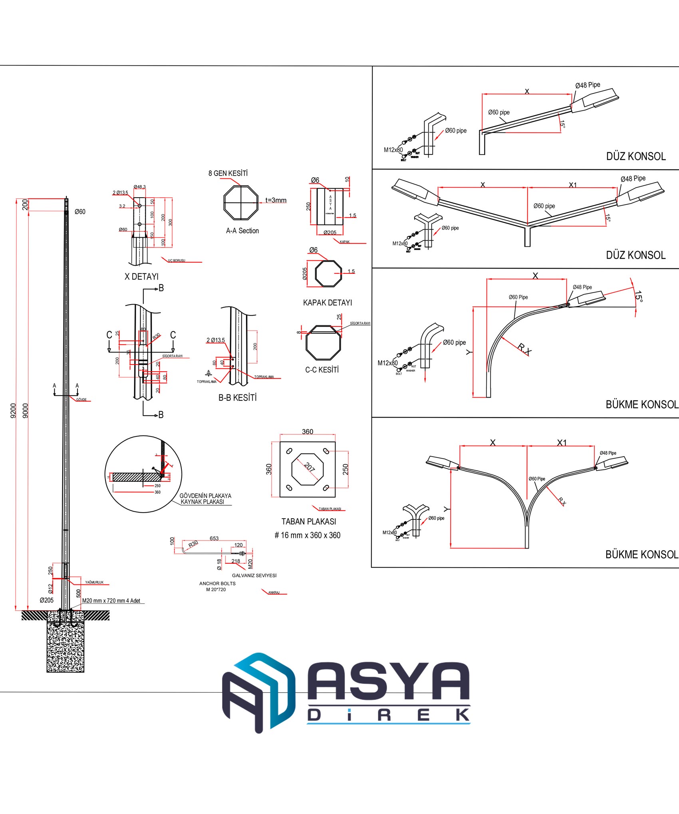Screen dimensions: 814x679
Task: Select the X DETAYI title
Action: [x=141, y=277]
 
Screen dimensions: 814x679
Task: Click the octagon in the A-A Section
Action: [x=241, y=203]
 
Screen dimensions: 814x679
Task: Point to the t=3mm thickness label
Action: [x=276, y=200]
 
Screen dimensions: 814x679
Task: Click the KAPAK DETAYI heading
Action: [x=328, y=303]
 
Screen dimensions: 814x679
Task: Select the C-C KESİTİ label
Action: [x=322, y=370]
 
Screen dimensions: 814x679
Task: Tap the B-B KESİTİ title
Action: [x=237, y=398]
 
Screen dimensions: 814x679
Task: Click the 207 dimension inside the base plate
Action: [x=310, y=467]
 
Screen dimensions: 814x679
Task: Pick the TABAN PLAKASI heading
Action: [x=309, y=521]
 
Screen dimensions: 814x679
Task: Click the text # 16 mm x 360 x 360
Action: [x=308, y=535]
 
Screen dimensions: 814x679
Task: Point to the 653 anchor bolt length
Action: [x=214, y=538]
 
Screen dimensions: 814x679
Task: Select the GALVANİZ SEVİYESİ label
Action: [x=254, y=575]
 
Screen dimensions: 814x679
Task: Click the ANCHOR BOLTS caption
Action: [x=217, y=583]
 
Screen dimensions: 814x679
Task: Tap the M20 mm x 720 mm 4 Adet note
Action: [x=111, y=600]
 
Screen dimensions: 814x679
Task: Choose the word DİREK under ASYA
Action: [x=388, y=715]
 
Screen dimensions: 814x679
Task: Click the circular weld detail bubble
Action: [x=143, y=474]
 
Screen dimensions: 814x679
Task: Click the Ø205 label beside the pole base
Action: [x=46, y=600]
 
